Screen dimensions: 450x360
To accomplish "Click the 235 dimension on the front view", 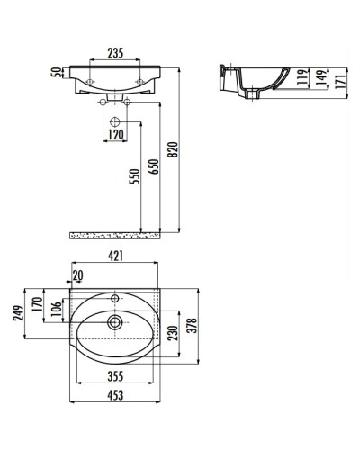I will [x=114, y=52].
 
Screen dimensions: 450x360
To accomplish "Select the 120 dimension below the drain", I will [x=115, y=137].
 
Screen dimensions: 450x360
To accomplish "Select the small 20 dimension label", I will [x=77, y=275].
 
